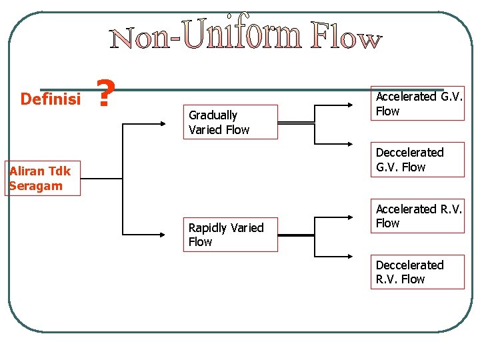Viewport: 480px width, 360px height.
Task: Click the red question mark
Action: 103,94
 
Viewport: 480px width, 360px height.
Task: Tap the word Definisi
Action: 50,99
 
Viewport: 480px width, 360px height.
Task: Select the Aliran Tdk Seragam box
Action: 43,178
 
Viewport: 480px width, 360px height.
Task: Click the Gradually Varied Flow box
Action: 231,122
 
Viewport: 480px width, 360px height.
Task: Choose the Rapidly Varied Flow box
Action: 231,235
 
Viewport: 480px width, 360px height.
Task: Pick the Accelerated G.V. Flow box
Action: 417,104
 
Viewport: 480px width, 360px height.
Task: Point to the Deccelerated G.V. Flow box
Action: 417,160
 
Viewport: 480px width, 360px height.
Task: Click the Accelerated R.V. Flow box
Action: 417,216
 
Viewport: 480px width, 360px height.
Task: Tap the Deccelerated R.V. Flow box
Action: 417,272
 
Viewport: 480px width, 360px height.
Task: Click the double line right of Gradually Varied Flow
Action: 295,123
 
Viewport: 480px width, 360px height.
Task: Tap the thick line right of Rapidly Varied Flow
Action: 295,235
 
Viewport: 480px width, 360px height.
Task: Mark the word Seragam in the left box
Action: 36,186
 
